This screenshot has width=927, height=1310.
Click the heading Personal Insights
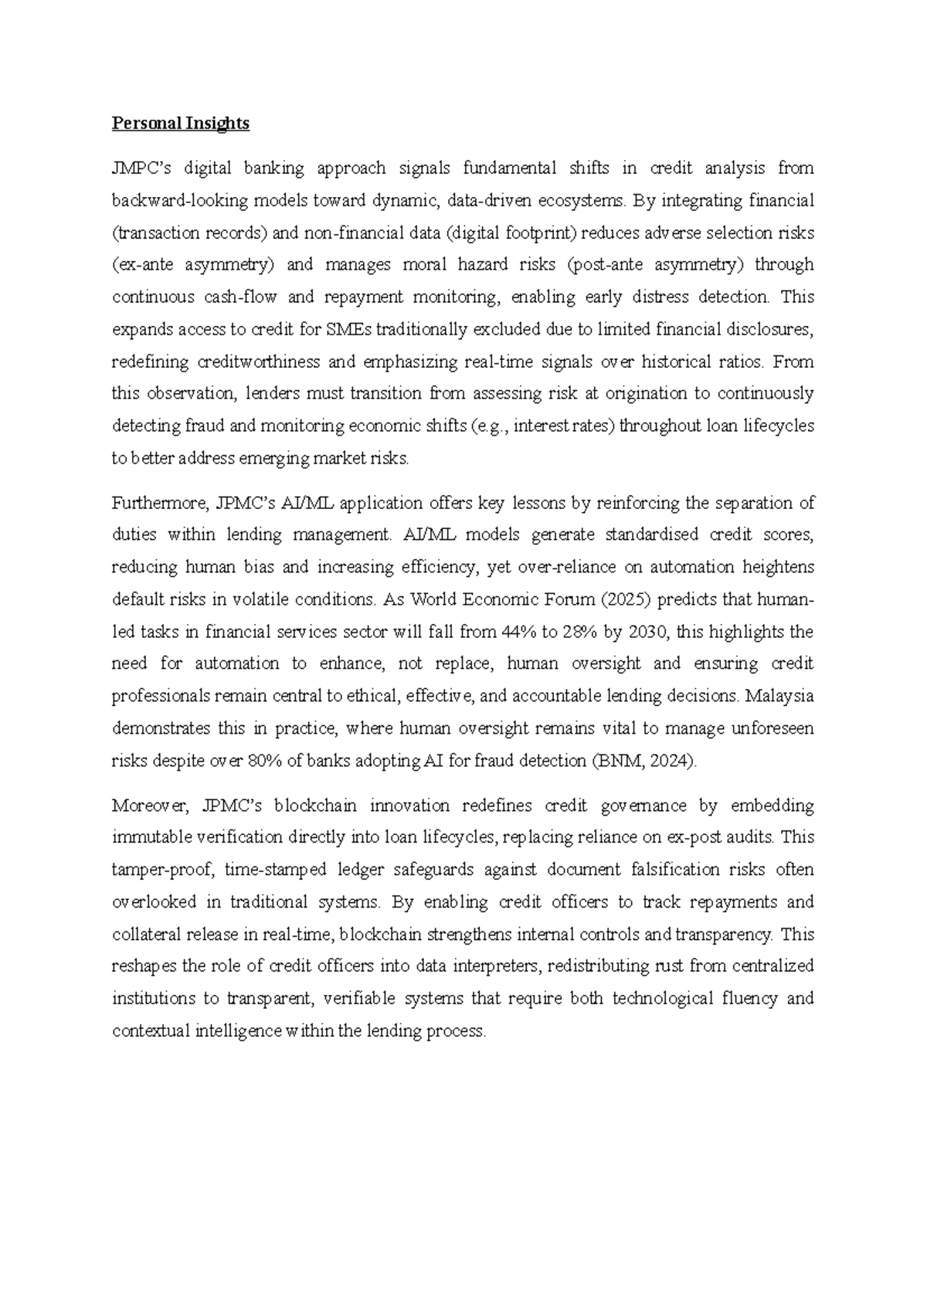tap(181, 124)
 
